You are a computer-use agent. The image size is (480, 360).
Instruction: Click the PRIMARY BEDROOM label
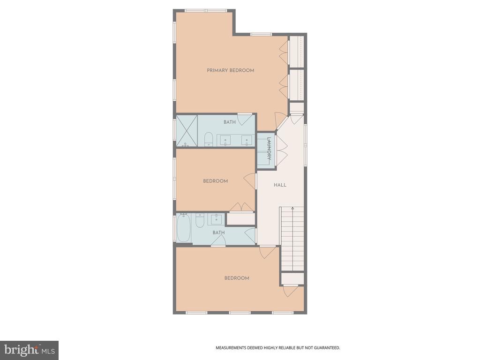pos(231,70)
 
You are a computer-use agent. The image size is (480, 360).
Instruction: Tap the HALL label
pos(280,185)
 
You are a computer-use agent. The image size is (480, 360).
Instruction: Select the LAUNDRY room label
pos(269,149)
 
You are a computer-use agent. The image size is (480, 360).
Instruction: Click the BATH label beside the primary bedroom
pos(230,122)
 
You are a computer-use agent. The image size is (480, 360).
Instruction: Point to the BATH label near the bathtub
pos(218,232)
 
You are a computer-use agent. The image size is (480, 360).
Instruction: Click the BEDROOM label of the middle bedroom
pos(216,181)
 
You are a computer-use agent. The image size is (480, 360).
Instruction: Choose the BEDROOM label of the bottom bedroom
pos(237,278)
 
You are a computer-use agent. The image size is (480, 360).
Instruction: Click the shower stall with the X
pos(187,131)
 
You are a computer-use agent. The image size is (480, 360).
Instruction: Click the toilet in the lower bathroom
pos(200,220)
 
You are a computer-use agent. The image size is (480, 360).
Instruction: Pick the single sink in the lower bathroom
pos(217,218)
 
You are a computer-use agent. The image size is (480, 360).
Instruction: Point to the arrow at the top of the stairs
pos(292,208)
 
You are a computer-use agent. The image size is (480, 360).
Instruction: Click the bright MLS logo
pos(30,350)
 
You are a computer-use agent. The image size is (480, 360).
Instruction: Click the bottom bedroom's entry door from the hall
pos(268,252)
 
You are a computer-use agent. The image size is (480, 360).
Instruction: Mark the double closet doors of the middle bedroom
pos(241,207)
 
